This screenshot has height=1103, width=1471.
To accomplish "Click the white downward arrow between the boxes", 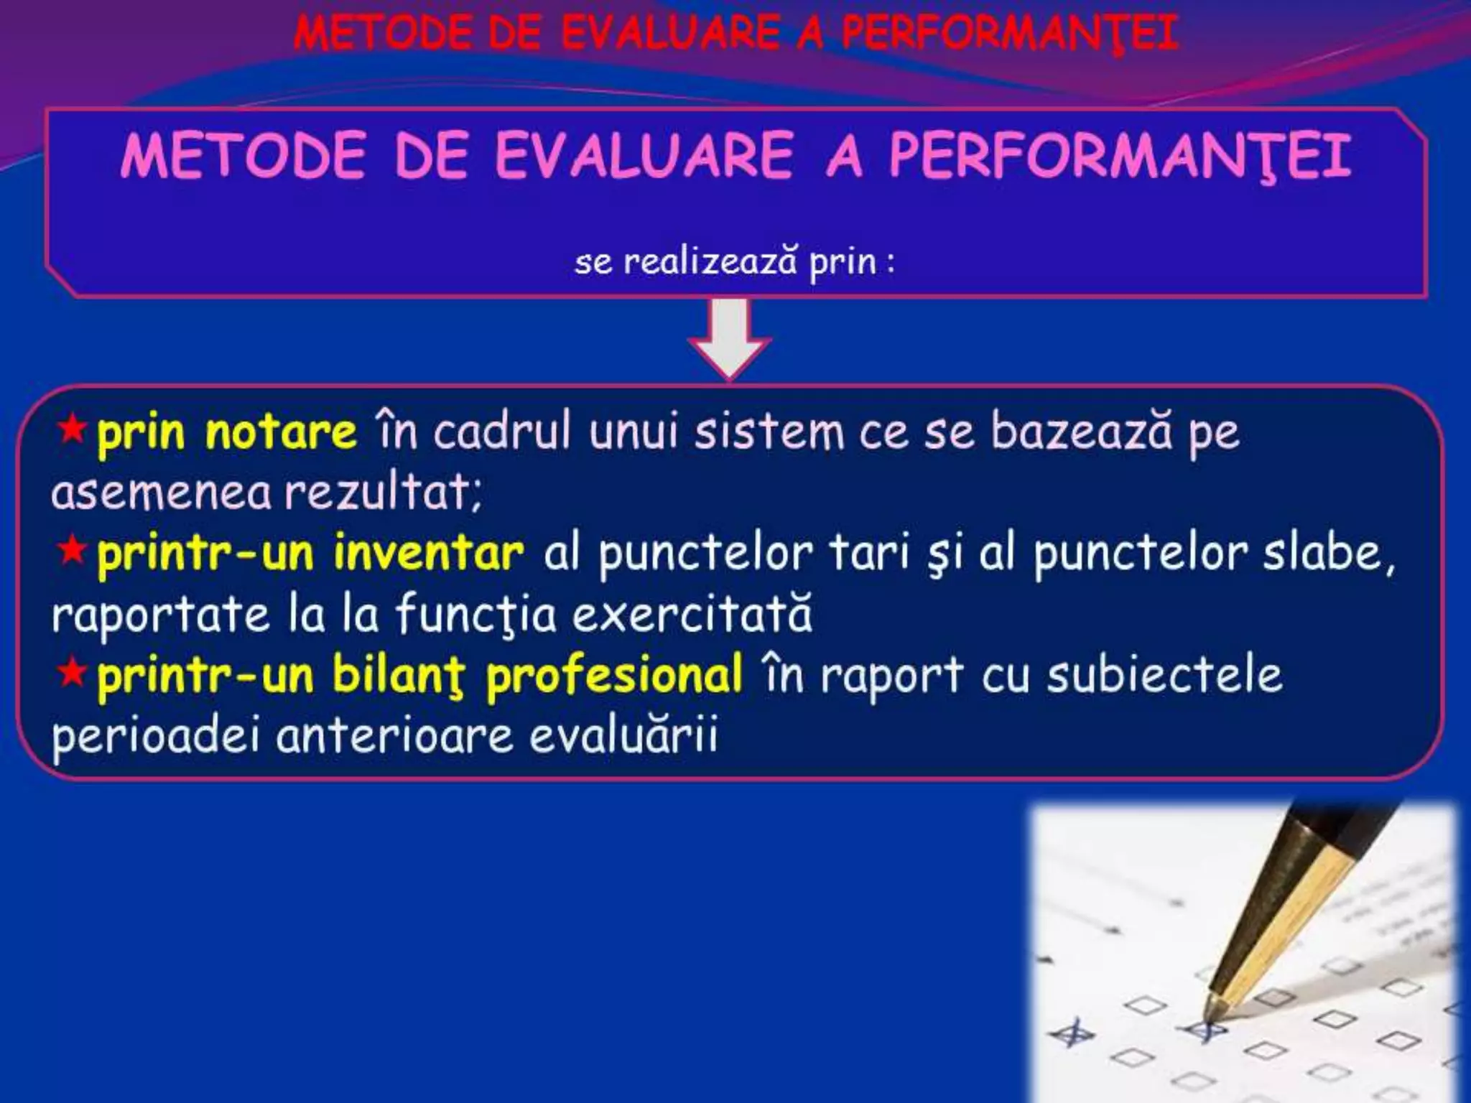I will [729, 338].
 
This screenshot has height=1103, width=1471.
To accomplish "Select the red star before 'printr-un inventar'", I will [72, 551].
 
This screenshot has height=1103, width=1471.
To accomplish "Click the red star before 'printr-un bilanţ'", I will [72, 674].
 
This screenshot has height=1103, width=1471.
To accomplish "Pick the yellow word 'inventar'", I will [428, 554].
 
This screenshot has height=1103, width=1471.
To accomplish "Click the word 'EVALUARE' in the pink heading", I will [644, 156].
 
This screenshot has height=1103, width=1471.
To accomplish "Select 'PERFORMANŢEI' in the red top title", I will [1009, 33].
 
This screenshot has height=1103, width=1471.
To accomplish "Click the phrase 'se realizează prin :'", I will [735, 261].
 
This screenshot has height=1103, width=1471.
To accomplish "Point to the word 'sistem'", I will [769, 432].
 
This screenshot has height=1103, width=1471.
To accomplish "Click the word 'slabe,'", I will [1329, 554].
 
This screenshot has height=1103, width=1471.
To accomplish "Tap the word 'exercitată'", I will [693, 615].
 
